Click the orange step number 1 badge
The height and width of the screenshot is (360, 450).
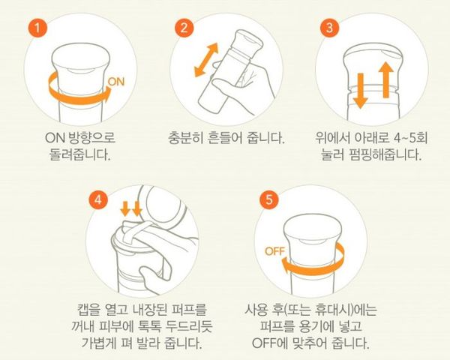click(37, 28)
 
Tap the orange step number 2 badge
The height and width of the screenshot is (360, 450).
click(184, 28)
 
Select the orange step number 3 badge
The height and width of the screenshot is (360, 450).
click(329, 28)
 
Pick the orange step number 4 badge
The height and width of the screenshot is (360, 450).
click(98, 199)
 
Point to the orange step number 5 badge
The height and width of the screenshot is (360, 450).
click(268, 199)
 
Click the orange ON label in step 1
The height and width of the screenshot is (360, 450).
click(116, 82)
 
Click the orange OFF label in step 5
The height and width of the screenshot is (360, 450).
click(274, 251)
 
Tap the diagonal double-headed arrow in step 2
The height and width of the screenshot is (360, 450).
click(206, 60)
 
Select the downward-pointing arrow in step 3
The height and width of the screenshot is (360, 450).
click(360, 91)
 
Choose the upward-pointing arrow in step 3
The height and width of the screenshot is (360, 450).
click(386, 79)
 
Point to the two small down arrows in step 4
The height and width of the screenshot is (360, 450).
click(130, 208)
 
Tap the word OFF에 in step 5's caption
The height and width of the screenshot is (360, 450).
click(269, 343)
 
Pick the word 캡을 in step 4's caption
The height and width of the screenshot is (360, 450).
click(89, 309)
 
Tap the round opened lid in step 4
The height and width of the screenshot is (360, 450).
click(162, 205)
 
